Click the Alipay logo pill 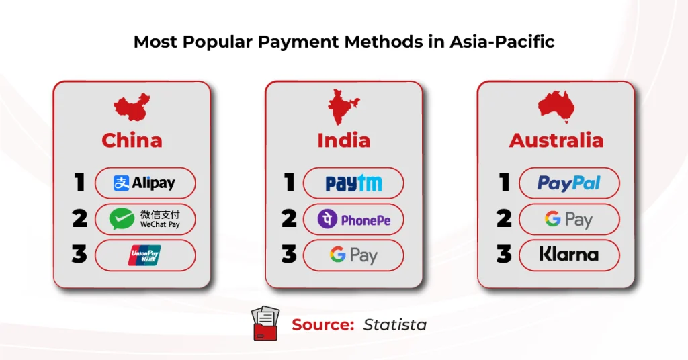[144, 183]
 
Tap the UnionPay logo [144, 255]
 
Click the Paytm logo [353, 183]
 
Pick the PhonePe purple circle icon [327, 219]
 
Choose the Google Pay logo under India [353, 255]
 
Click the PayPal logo [568, 183]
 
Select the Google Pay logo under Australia [568, 219]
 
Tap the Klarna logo [568, 255]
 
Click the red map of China [132, 107]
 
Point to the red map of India [343, 107]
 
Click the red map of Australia [556, 107]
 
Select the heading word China [132, 140]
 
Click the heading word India [343, 140]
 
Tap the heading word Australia [556, 140]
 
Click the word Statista [394, 325]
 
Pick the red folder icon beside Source [265, 324]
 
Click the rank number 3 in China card [79, 255]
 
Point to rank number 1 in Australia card [503, 183]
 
